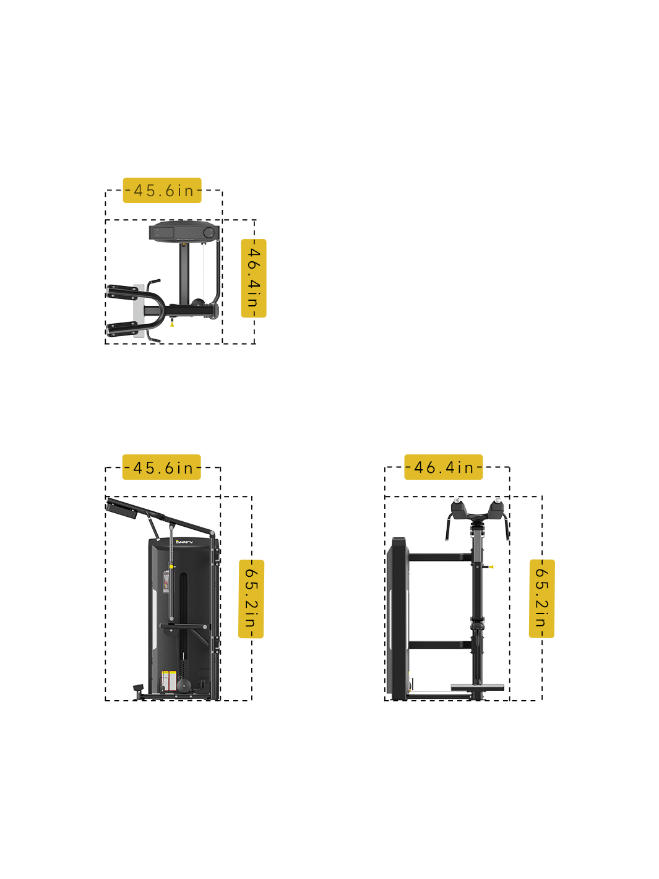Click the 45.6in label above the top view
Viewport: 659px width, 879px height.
tap(162, 191)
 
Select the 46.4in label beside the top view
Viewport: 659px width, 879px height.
tap(253, 278)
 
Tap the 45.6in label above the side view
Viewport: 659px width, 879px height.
tap(162, 467)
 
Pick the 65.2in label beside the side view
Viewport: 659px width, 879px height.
tap(251, 599)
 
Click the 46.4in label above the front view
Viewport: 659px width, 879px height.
tap(443, 467)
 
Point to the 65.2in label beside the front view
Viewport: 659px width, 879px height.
tap(541, 598)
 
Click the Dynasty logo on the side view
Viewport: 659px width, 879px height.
tap(184, 542)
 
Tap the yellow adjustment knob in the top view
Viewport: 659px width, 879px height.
tap(172, 324)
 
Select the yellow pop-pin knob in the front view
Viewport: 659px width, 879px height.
tap(491, 566)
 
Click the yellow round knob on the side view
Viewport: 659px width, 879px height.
tap(171, 566)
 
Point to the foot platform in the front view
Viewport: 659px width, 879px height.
tap(477, 688)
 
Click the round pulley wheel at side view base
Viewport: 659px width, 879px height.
tap(184, 685)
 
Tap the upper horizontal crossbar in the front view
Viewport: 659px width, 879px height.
tap(439, 557)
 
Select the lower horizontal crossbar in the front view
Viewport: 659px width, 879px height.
tap(439, 644)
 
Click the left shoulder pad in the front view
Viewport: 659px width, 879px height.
tap(459, 509)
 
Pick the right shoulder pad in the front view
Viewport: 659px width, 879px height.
tap(497, 509)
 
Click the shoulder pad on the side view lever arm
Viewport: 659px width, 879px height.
tap(121, 509)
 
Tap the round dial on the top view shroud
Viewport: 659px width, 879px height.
tap(209, 233)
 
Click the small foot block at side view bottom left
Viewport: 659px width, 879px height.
tap(138, 688)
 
